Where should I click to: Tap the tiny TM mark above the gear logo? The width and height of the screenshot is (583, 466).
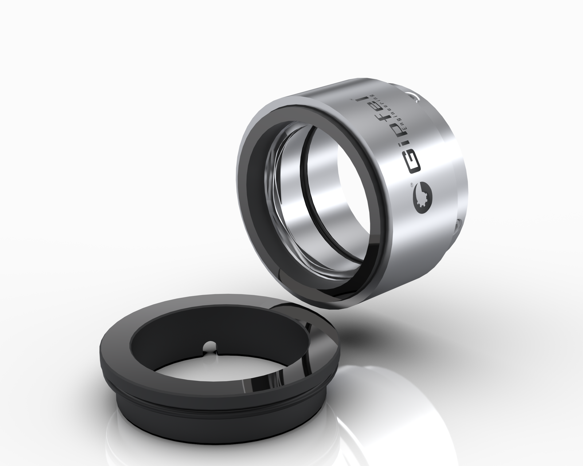tap(409, 185)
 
